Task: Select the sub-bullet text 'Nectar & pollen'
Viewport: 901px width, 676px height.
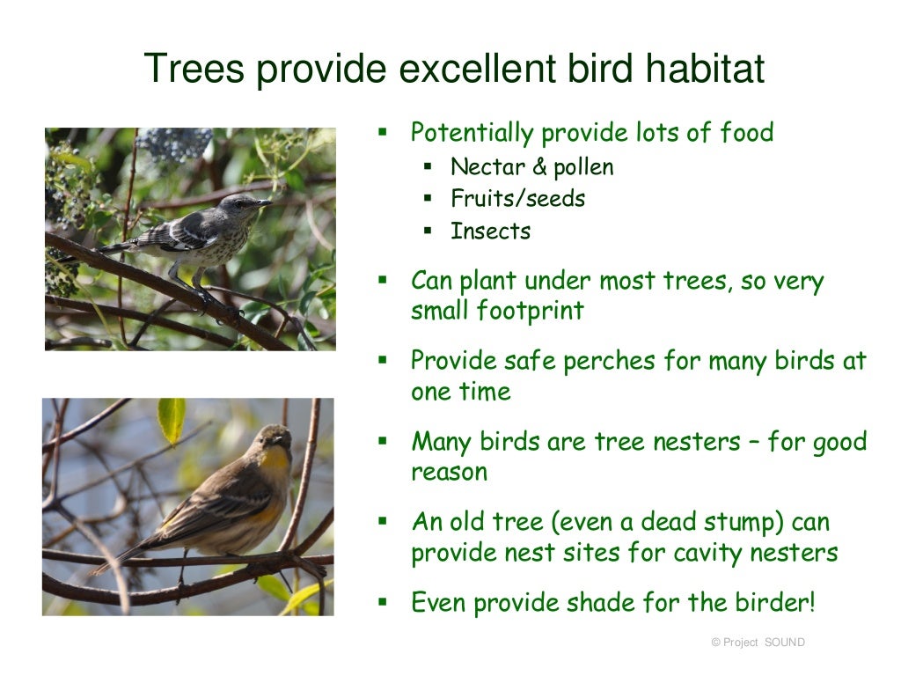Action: pyautogui.click(x=531, y=167)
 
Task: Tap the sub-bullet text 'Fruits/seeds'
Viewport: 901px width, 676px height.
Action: pyautogui.click(x=517, y=199)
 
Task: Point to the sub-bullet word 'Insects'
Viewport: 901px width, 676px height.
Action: pyautogui.click(x=490, y=231)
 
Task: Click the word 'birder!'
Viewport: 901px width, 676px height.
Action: pyautogui.click(x=774, y=603)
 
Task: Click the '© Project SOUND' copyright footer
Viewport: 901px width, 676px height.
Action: pyautogui.click(x=758, y=643)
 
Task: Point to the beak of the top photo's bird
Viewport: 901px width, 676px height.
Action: pyautogui.click(x=263, y=202)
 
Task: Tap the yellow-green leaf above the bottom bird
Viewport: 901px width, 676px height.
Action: pyautogui.click(x=171, y=419)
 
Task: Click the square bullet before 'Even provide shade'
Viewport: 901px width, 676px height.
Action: pyautogui.click(x=383, y=603)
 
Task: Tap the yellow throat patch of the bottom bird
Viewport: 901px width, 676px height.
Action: pyautogui.click(x=275, y=462)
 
